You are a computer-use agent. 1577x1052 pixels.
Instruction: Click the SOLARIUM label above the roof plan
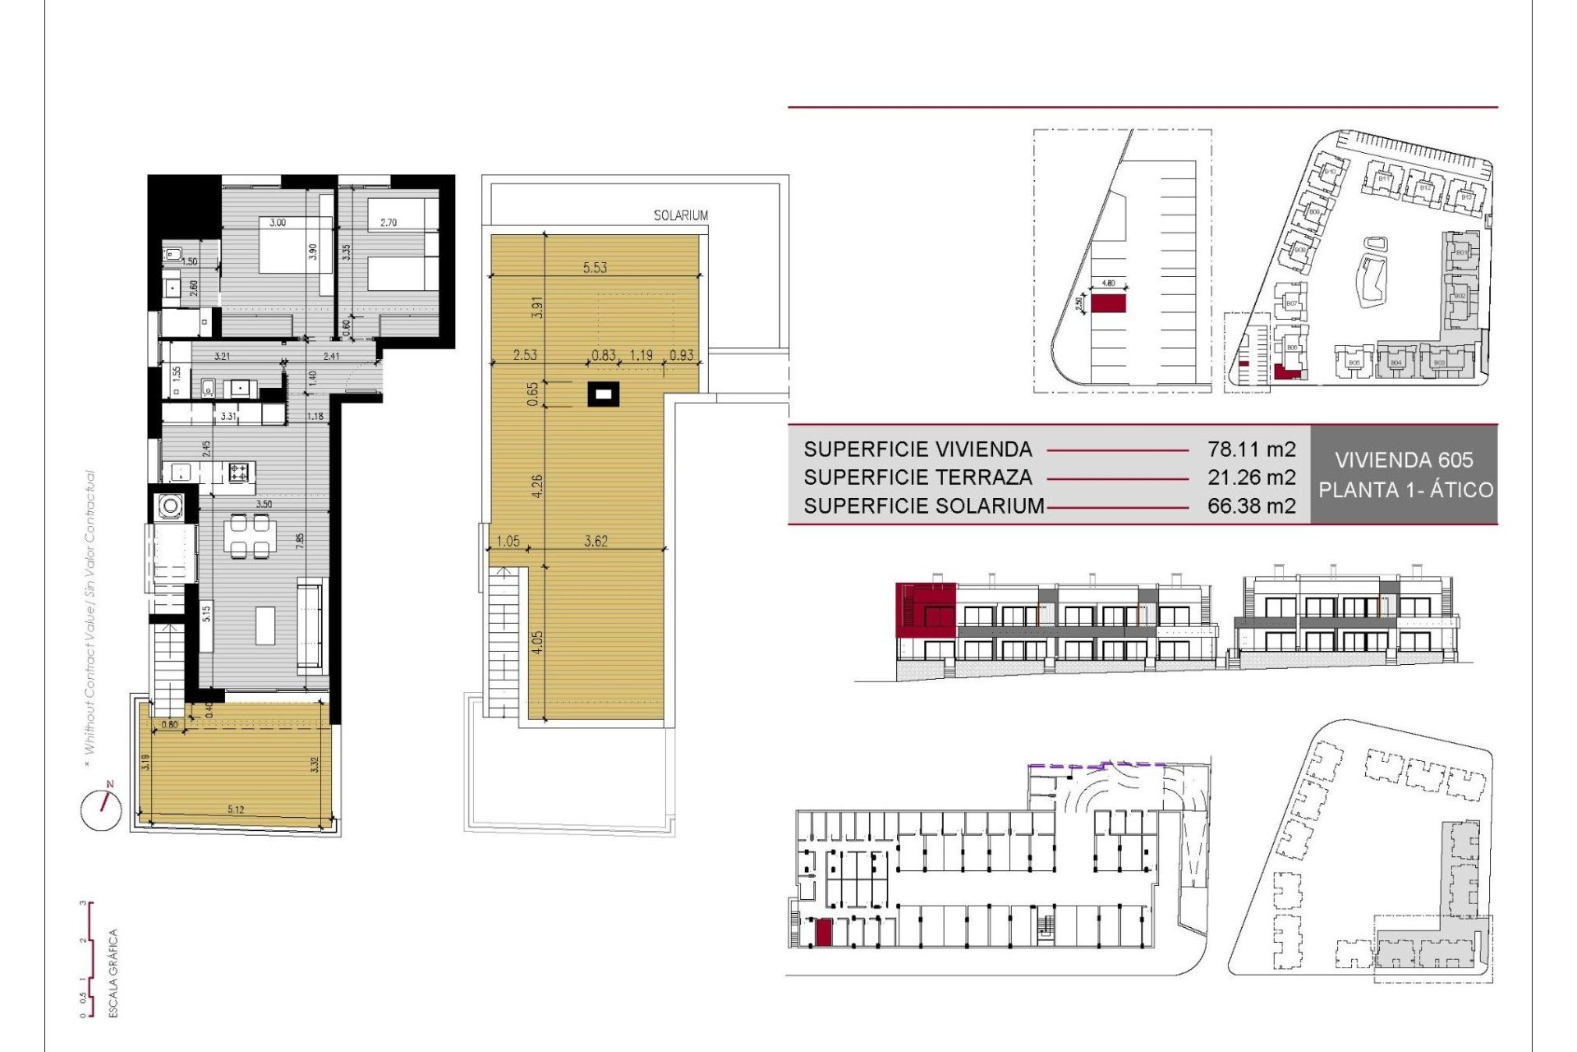pyautogui.click(x=680, y=215)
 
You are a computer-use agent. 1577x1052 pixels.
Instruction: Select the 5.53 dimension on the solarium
pyautogui.click(x=595, y=267)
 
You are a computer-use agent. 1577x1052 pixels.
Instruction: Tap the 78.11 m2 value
pyautogui.click(x=1251, y=450)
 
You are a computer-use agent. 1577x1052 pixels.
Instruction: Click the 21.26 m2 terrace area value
pyautogui.click(x=1251, y=478)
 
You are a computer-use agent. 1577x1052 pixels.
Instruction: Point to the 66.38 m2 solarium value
pyautogui.click(x=1251, y=506)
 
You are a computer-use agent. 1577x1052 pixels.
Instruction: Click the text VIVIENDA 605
pyautogui.click(x=1404, y=460)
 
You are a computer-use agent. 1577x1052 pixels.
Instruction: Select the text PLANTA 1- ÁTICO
pyautogui.click(x=1405, y=490)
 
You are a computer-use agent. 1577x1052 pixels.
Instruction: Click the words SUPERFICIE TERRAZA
pyautogui.click(x=917, y=478)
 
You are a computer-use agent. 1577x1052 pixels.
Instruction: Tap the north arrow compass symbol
pyautogui.click(x=101, y=809)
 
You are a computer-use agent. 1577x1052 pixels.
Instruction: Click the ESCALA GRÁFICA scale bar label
pyautogui.click(x=114, y=973)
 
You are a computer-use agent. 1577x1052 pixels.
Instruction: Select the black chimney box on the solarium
pyautogui.click(x=604, y=395)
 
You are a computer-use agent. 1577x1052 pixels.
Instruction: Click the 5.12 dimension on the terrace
pyautogui.click(x=236, y=810)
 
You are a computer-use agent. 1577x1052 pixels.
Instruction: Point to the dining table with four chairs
pyautogui.click(x=250, y=536)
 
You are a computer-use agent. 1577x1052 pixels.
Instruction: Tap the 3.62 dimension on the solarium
pyautogui.click(x=595, y=541)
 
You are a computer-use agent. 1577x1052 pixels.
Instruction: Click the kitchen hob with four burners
pyautogui.click(x=239, y=473)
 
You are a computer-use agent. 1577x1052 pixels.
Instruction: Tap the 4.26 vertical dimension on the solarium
pyautogui.click(x=537, y=487)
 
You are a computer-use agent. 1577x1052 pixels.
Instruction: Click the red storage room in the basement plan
pyautogui.click(x=823, y=932)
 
